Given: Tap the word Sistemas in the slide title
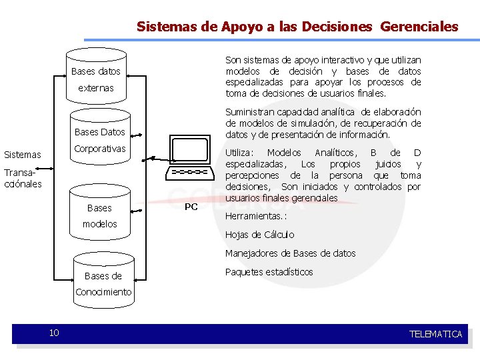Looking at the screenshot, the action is [x=167, y=27].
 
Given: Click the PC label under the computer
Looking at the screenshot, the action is [x=191, y=207].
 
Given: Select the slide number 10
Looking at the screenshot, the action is [x=54, y=333].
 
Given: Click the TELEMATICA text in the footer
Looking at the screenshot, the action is [x=435, y=334].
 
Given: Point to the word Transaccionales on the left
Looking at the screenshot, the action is [x=23, y=178].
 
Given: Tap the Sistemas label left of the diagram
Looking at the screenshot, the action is [x=23, y=155].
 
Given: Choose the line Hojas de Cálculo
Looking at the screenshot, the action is [x=259, y=235].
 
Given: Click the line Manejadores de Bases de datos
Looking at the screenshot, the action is [x=291, y=253].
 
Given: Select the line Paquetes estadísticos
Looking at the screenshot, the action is [x=269, y=272].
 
